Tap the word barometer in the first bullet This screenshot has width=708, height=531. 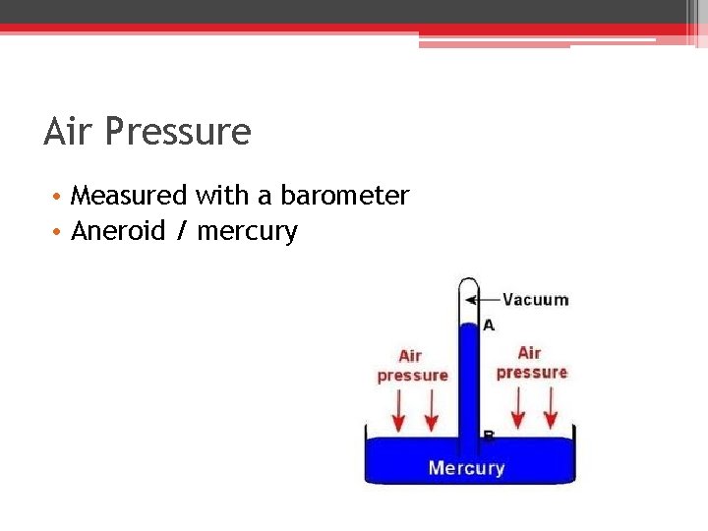point(344,196)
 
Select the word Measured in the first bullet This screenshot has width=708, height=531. point(129,196)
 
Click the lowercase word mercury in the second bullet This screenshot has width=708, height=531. point(247,233)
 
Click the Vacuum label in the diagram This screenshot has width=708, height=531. point(535,300)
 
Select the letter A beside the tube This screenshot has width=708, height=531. point(489,324)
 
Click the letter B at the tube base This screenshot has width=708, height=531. point(489,435)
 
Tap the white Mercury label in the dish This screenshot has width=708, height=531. point(466,468)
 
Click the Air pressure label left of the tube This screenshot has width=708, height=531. point(412,366)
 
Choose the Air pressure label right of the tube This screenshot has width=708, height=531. point(531,363)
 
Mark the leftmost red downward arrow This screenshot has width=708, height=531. point(398,411)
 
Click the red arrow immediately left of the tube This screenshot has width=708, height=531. point(430,411)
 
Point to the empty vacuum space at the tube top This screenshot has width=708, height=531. point(467,300)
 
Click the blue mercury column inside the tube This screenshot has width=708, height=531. point(467,383)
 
